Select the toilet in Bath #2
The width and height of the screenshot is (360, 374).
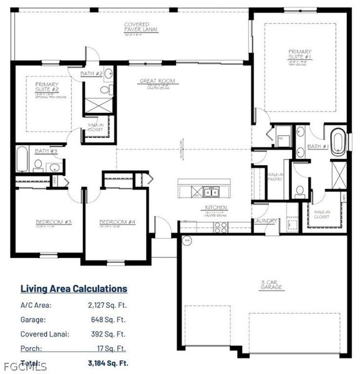105,90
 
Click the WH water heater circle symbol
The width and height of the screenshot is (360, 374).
185,240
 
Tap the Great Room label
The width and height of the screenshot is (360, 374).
157,81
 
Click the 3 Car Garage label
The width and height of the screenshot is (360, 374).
271,285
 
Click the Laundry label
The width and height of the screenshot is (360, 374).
265,221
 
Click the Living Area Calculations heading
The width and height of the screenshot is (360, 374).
74,289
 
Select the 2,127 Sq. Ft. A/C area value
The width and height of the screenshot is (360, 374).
107,305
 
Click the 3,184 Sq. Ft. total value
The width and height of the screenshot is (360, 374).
108,363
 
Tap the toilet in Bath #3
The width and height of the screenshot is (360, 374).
38,165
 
